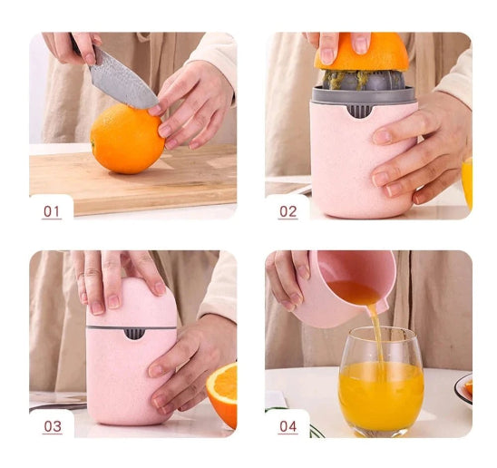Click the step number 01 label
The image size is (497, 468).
[x=52, y=211]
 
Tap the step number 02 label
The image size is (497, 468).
[x=287, y=211]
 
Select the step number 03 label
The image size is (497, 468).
[x=53, y=426]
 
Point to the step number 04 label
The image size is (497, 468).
[x=288, y=426]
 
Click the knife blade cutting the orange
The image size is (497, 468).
[x=123, y=83]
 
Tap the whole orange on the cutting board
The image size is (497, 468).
[x=127, y=139]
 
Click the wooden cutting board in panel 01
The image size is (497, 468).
[x=133, y=180]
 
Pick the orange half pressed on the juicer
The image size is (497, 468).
[x=361, y=53]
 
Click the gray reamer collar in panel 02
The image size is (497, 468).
[x=364, y=94]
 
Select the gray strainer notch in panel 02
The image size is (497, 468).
[x=360, y=111]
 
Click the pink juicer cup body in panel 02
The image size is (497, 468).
[x=361, y=161]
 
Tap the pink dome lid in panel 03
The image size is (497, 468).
[x=132, y=303]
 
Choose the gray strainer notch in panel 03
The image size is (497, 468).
[x=134, y=334]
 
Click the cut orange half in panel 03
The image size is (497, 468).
[x=223, y=393]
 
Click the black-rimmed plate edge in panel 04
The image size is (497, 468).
[x=462, y=391]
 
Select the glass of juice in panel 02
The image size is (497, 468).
[x=467, y=184]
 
